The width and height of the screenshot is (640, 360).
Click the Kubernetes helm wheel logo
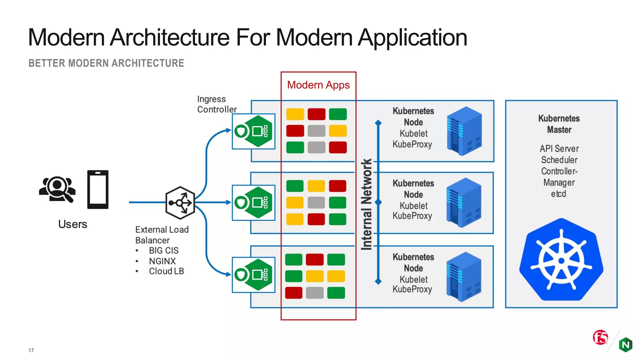pos(561,260)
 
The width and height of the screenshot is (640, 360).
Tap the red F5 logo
pos(600,337)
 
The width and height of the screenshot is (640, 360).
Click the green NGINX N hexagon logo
pos(625,345)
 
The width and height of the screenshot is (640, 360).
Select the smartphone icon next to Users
pos(98,189)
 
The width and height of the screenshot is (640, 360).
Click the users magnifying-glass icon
pos(57,189)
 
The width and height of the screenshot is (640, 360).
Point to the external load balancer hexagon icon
pos(180,202)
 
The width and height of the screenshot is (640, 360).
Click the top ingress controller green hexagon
pos(258,131)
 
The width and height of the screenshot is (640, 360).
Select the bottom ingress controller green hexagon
pos(258,275)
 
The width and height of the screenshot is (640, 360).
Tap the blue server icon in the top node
pos(464,131)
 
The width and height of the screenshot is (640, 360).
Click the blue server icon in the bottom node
pos(464,276)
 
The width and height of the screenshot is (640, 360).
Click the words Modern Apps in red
pos(318,85)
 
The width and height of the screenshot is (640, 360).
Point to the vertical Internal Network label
pos(367,204)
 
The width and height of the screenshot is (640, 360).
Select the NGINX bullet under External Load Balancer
pos(162,261)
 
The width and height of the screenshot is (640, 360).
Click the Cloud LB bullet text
pos(166,271)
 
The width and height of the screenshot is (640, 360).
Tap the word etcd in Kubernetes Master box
pos(558,194)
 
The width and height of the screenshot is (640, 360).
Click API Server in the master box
pos(559,148)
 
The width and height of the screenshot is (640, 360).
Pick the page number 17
pos(31,350)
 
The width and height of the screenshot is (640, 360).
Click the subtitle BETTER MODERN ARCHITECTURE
pos(106,63)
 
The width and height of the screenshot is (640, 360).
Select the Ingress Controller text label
pos(217,104)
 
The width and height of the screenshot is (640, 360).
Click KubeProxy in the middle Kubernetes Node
pos(412,216)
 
